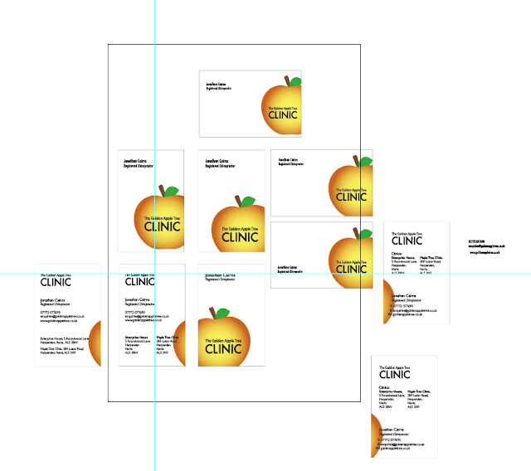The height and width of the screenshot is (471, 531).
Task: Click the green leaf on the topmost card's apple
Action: point(293,82)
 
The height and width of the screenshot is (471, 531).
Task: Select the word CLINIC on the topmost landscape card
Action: point(282,115)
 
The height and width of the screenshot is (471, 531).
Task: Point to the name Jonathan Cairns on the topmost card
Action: point(217,84)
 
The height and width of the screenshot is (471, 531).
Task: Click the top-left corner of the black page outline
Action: point(109,42)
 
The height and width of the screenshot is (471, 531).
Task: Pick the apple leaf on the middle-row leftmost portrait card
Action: point(170,192)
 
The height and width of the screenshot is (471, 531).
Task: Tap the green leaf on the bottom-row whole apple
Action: point(222,313)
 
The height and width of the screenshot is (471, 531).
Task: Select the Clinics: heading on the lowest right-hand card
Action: point(385,386)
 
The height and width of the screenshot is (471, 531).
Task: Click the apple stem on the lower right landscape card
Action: point(356,233)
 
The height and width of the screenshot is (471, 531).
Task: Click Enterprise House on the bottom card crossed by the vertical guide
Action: point(136,337)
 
